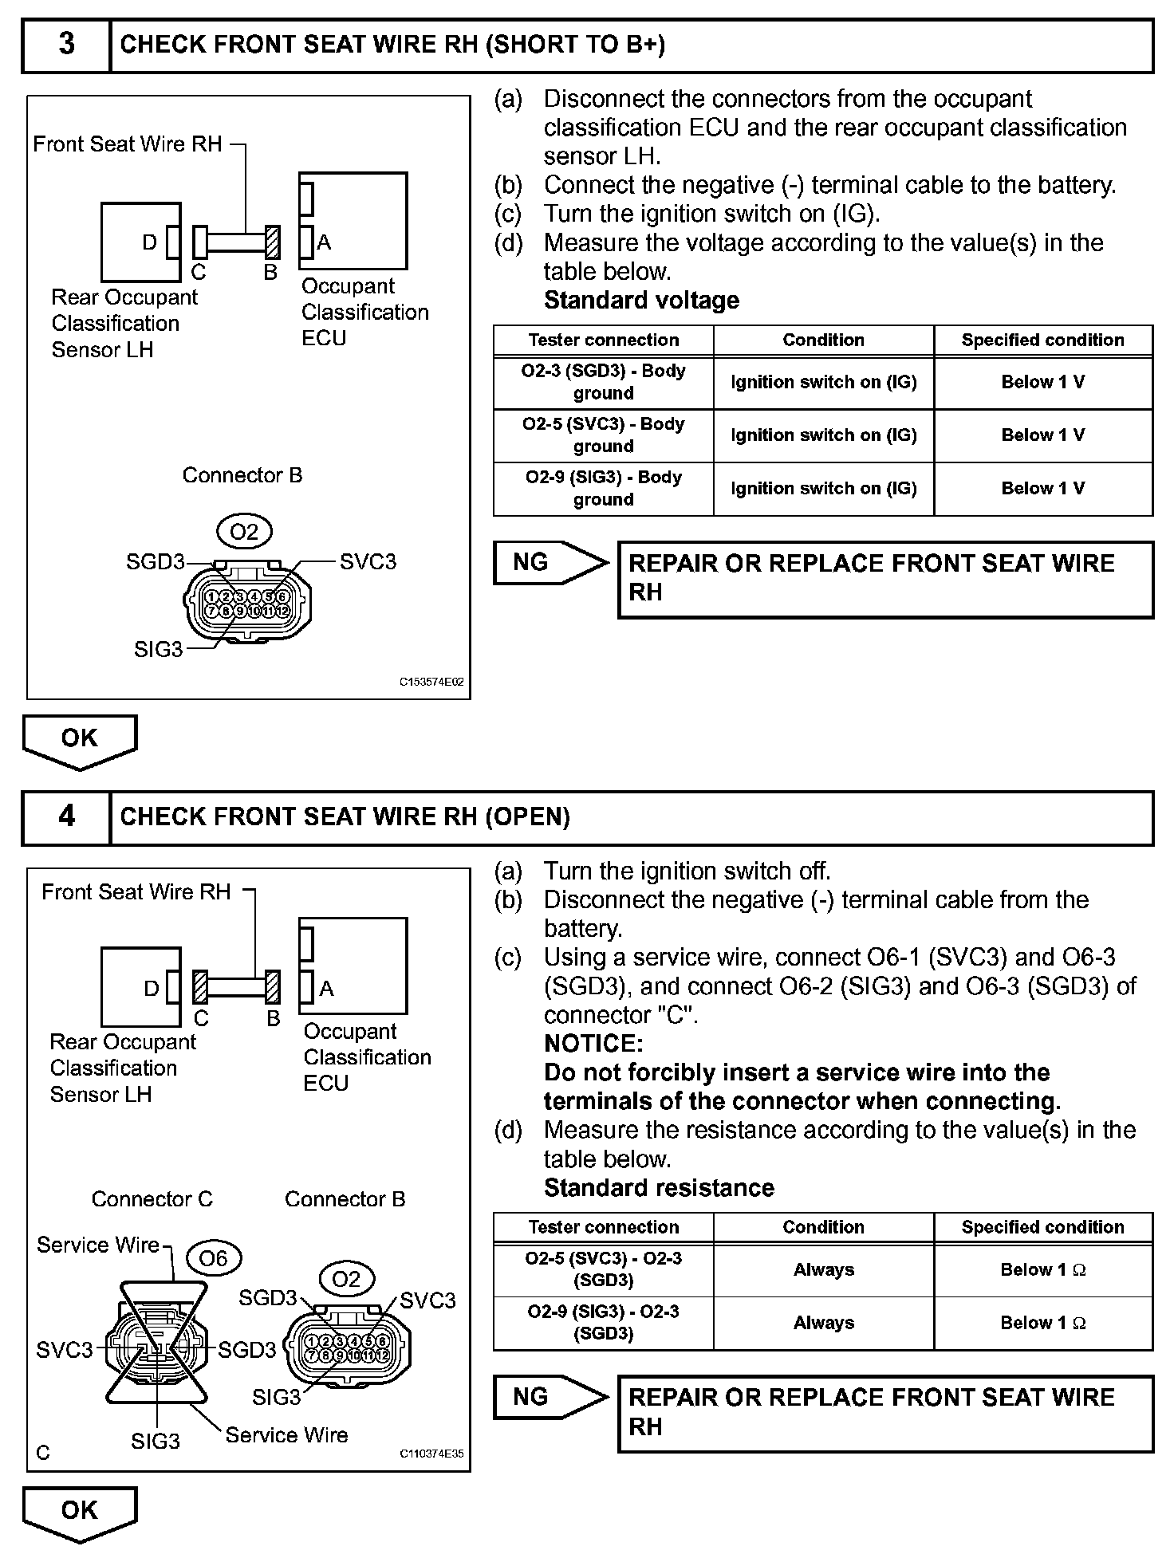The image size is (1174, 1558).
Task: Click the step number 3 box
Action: (66, 45)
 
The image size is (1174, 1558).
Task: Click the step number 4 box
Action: (66, 816)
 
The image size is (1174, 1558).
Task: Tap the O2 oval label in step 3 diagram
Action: (244, 532)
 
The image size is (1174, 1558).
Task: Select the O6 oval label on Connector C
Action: (213, 1258)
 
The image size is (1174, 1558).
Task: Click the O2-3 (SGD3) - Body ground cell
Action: (603, 382)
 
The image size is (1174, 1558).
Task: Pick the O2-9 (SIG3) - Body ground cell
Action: (603, 488)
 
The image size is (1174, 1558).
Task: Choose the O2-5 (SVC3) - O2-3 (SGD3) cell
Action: (603, 1269)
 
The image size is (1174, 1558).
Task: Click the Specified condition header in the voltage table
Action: (1042, 340)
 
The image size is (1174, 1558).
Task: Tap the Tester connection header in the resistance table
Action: (603, 1227)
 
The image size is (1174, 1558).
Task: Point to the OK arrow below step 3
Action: (80, 739)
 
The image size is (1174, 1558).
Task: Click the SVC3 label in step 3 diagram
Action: (368, 562)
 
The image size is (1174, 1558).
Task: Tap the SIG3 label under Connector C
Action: (156, 1441)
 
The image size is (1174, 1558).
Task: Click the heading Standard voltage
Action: (641, 301)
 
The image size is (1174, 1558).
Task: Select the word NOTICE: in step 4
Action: (593, 1043)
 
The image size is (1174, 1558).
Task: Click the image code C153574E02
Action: (431, 683)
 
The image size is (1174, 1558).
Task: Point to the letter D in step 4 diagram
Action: (152, 989)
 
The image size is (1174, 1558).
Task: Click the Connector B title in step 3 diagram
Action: (242, 475)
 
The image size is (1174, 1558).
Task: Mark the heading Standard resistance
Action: (659, 1188)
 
